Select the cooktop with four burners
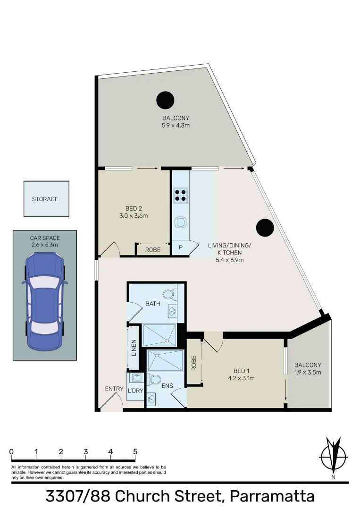(x=180, y=195)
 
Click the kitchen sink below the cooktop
(x=180, y=222)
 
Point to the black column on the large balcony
(x=165, y=100)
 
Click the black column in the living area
(x=265, y=228)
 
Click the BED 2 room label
(x=134, y=209)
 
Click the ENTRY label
(x=114, y=389)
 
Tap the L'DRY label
(x=136, y=391)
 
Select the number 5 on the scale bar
(x=135, y=452)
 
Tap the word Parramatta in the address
(x=272, y=497)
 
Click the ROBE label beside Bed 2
(x=152, y=250)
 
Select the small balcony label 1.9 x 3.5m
(x=308, y=372)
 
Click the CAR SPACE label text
(x=45, y=238)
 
